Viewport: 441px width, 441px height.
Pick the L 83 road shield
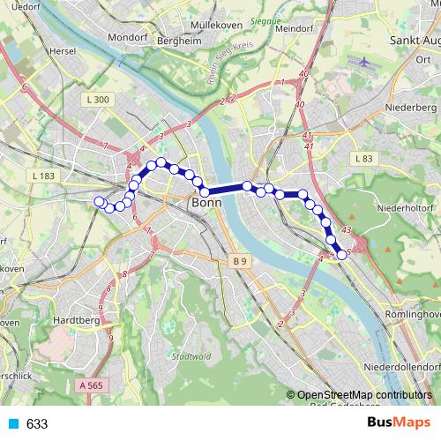[363, 159]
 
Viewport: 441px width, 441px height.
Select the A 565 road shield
[91, 385]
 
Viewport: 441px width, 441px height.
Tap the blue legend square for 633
[12, 424]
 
